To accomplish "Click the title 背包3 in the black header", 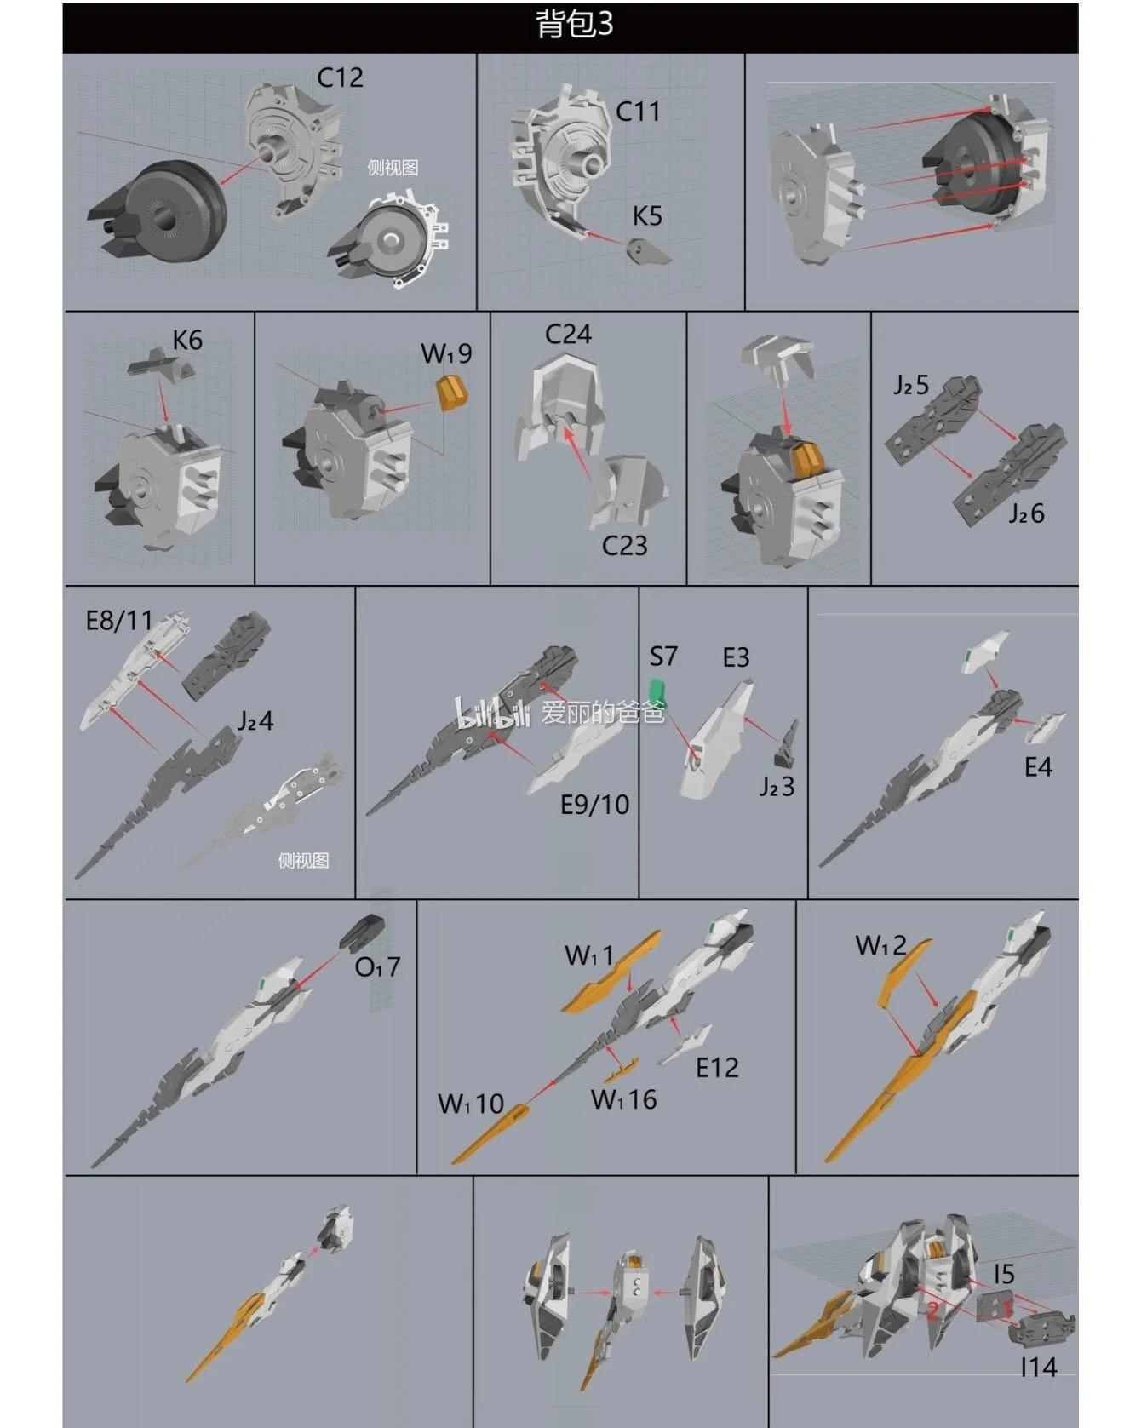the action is point(574,25).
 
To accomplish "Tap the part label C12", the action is point(340,78).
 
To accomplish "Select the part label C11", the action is point(638,112).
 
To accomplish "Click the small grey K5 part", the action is point(647,250).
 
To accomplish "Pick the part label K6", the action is point(187,341).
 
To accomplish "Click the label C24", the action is point(568,335).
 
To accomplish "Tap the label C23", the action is point(624,546).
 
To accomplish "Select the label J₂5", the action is point(911,386).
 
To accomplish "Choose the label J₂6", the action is point(1026,513).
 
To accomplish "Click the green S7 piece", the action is point(657,691).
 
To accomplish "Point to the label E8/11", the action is point(119,621).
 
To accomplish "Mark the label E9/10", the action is point(594,805).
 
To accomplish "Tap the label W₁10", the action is point(471,1104).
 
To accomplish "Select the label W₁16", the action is point(624,1099).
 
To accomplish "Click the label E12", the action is point(717,1068).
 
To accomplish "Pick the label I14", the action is point(1039,1368).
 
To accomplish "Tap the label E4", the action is point(1038,768).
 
